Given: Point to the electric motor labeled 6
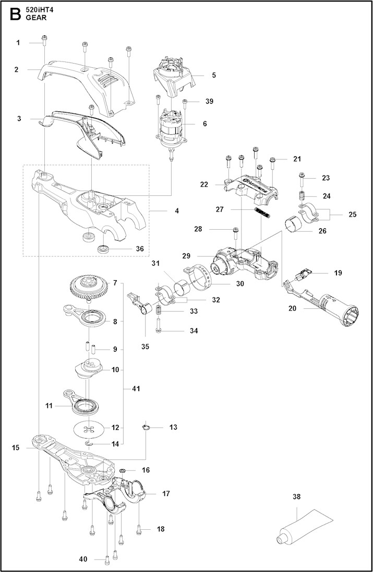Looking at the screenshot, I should pos(171,128).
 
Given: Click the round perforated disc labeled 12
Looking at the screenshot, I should pos(90,428).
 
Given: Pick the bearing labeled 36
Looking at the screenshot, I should pos(104,247).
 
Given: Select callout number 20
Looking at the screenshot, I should pos(292,308).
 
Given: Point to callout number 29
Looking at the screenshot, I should pos(201,256).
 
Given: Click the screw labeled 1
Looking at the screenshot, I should pos(44,40).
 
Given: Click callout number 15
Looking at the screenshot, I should pos(16,447).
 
